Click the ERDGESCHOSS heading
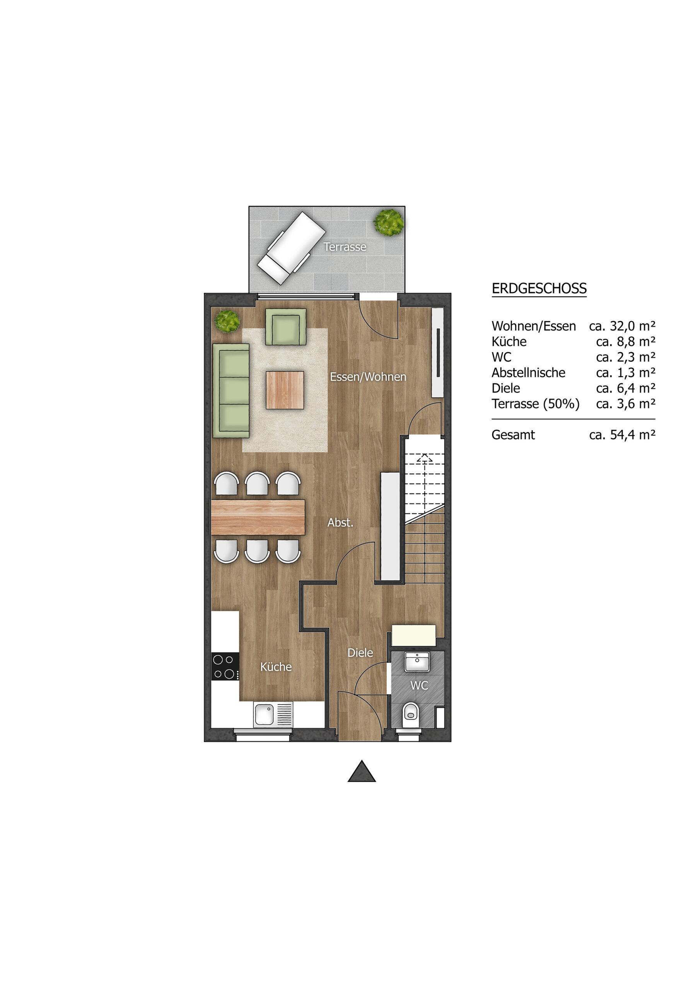539,288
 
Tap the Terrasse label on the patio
345,247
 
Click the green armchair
285,327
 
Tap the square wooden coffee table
285,390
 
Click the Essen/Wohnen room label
368,377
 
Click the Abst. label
340,523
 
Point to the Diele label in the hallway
360,653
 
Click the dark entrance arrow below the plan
362,771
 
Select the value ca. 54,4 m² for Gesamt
622,435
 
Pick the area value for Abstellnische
626,372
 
